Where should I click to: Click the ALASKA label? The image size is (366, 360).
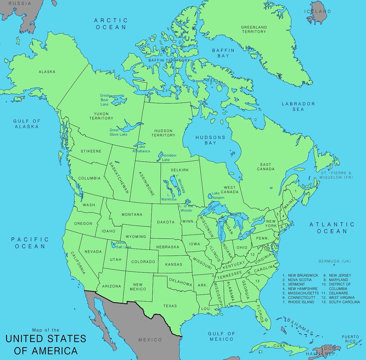tap(47, 72)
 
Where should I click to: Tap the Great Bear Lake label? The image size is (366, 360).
tap(104, 100)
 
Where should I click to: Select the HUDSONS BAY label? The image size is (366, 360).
tap(210, 140)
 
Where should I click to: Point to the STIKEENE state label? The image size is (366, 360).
tap(91, 151)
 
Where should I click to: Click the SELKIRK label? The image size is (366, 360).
tap(180, 170)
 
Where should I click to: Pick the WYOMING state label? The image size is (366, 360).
tap(136, 236)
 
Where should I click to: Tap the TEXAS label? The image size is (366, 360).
tap(170, 306)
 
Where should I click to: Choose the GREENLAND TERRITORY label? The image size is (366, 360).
tap(254, 29)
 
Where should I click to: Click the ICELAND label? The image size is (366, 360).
tap(317, 11)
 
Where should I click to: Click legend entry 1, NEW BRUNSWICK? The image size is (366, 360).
tap(300, 275)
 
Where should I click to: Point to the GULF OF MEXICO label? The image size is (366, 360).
tap(221, 336)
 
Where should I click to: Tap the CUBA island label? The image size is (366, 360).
tap(279, 346)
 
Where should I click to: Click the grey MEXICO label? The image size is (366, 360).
tap(150, 340)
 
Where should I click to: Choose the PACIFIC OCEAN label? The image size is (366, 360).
tap(30, 243)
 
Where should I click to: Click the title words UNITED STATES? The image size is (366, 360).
tap(46, 339)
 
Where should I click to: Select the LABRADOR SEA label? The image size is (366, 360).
tap(298, 106)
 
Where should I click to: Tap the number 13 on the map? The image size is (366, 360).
tap(257, 281)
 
